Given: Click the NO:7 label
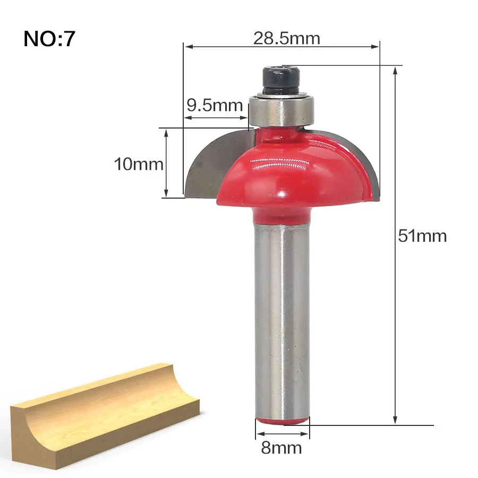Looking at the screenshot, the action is click(x=49, y=39).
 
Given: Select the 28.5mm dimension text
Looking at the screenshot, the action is click(x=287, y=38).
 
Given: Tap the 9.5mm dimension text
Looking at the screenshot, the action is click(x=215, y=106).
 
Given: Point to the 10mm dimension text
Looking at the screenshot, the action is click(x=139, y=164).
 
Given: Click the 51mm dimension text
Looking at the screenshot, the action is click(x=422, y=236).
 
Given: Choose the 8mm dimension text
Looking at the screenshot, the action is click(x=281, y=448).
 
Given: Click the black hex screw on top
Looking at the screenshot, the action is click(x=281, y=81).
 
